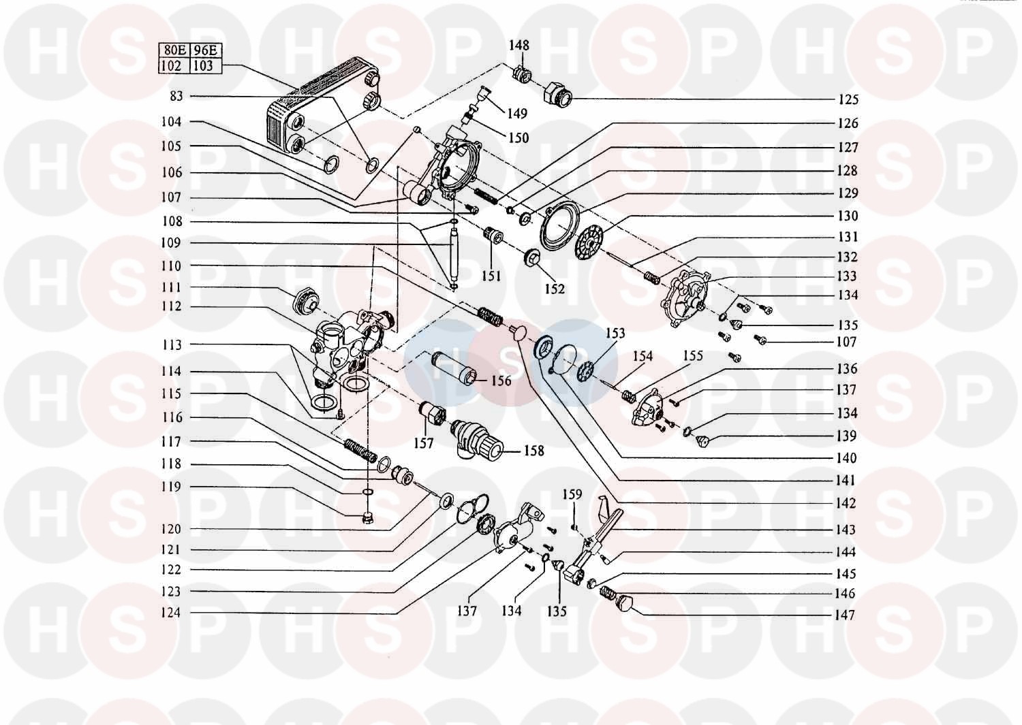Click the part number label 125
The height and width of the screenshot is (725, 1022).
click(848, 99)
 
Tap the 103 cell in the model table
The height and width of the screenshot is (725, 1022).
click(204, 66)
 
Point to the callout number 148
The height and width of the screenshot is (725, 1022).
click(518, 46)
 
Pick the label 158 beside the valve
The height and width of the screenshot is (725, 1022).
click(534, 450)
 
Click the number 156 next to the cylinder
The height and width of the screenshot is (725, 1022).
click(501, 381)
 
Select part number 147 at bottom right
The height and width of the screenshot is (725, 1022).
click(844, 615)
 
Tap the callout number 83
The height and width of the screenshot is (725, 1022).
click(176, 97)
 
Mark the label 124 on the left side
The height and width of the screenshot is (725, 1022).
click(171, 613)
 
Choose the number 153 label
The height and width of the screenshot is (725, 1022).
click(615, 333)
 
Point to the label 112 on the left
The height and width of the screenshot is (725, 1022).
click(171, 306)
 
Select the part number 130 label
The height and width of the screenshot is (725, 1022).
click(848, 216)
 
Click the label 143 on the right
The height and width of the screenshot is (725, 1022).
click(846, 530)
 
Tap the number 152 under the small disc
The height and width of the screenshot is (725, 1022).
click(555, 289)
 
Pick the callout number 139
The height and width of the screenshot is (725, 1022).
click(846, 436)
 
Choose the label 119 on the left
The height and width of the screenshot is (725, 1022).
click(171, 487)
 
